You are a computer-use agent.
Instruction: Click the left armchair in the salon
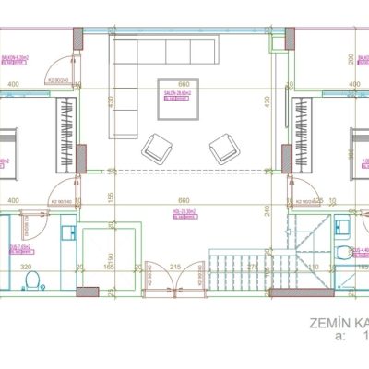155,147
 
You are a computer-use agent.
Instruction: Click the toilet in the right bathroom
343,253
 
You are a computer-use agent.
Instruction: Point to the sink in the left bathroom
67,233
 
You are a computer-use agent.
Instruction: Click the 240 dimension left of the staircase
268,210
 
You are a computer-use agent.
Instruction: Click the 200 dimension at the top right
351,58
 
